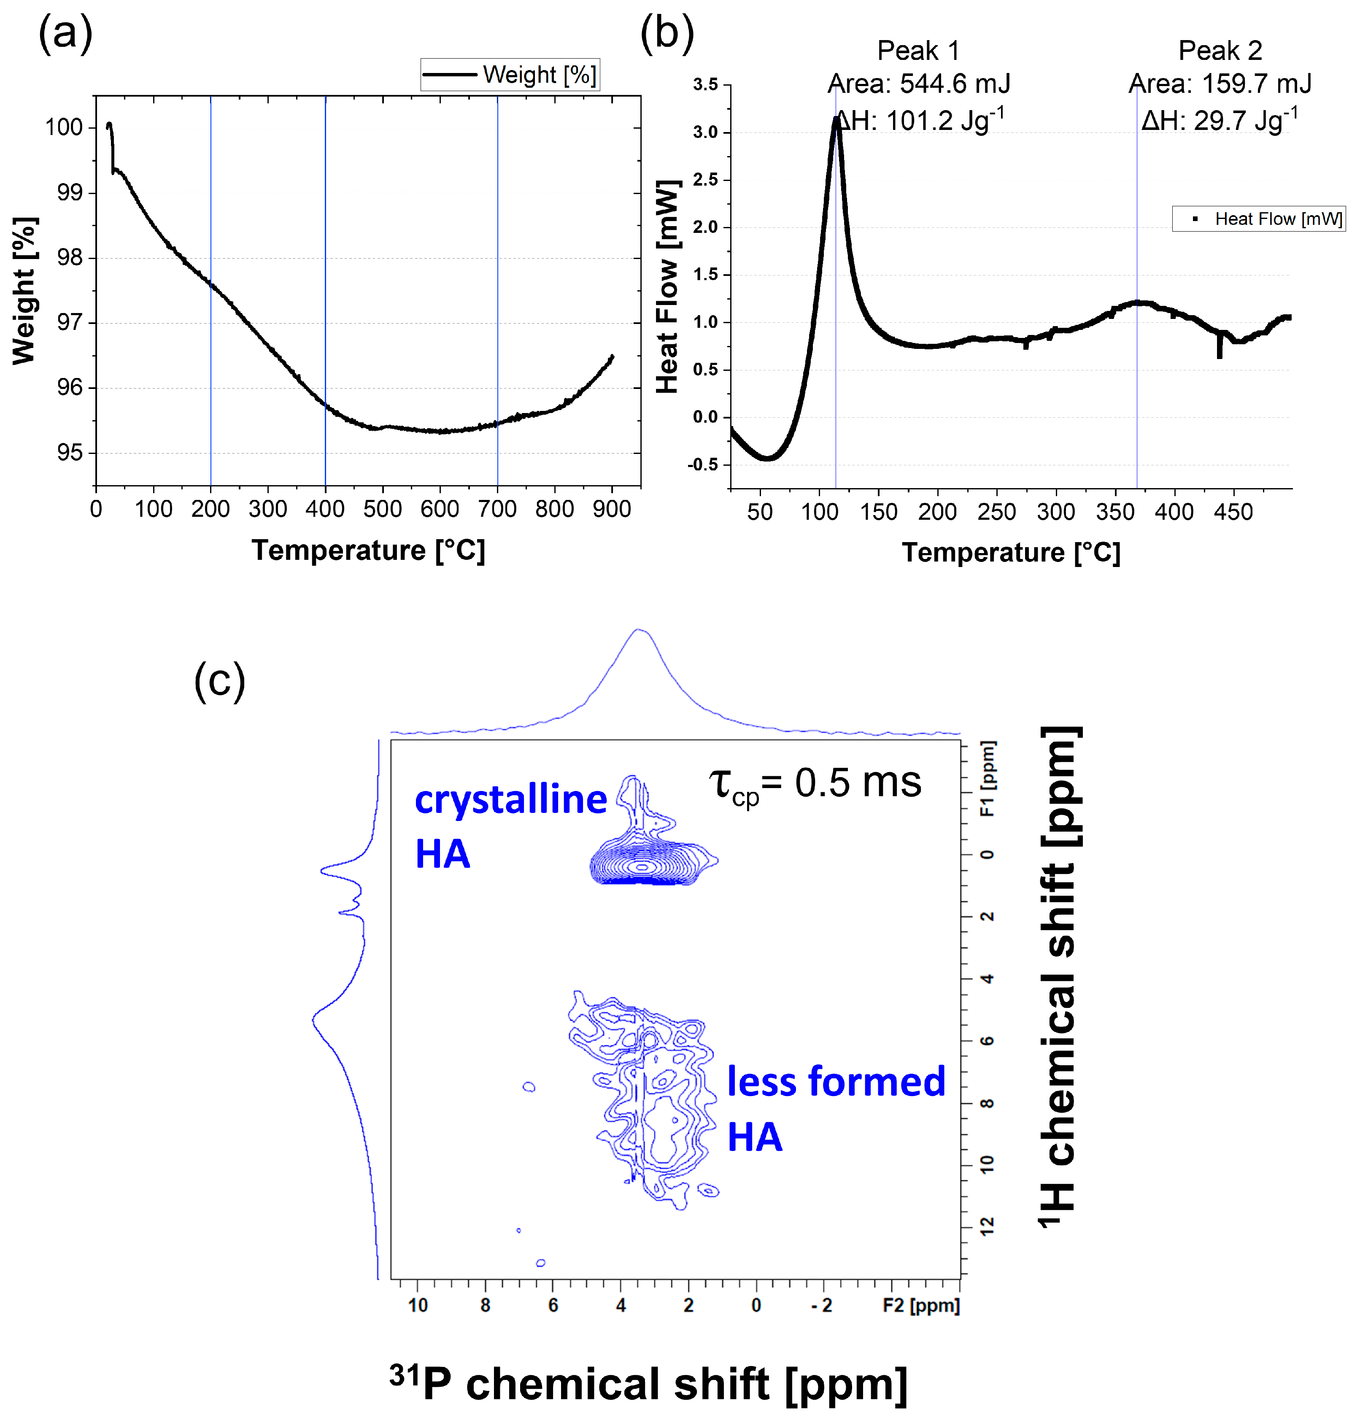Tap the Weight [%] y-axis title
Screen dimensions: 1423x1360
click(x=24, y=290)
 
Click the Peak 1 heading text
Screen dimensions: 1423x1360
click(x=918, y=51)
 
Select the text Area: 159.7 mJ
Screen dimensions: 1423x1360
click(x=1220, y=84)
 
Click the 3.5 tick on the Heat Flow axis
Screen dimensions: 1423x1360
click(x=705, y=85)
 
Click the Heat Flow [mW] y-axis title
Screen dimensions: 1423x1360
click(x=667, y=286)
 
